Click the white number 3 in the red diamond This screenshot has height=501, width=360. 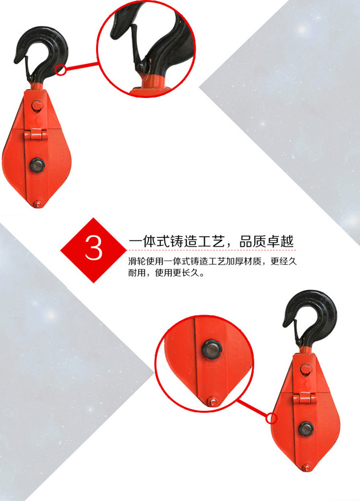pos(94,248)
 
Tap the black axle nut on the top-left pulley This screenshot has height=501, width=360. pos(37,165)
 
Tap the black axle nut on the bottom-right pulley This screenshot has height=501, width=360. pos(306,428)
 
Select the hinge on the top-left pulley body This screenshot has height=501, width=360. pos(36,134)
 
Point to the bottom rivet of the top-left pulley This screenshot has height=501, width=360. pos(38,204)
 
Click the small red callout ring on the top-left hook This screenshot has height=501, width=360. pos(60,70)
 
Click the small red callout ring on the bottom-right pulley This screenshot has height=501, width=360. pos(272,418)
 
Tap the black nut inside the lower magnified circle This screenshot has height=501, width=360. pos(211,349)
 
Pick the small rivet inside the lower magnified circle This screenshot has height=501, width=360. pos(212,401)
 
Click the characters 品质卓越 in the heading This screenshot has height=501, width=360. pos(267,242)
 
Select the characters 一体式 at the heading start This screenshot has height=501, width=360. pos(149,242)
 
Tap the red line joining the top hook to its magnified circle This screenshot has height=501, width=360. pos(81,66)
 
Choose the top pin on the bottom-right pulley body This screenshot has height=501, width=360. pos(306,369)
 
